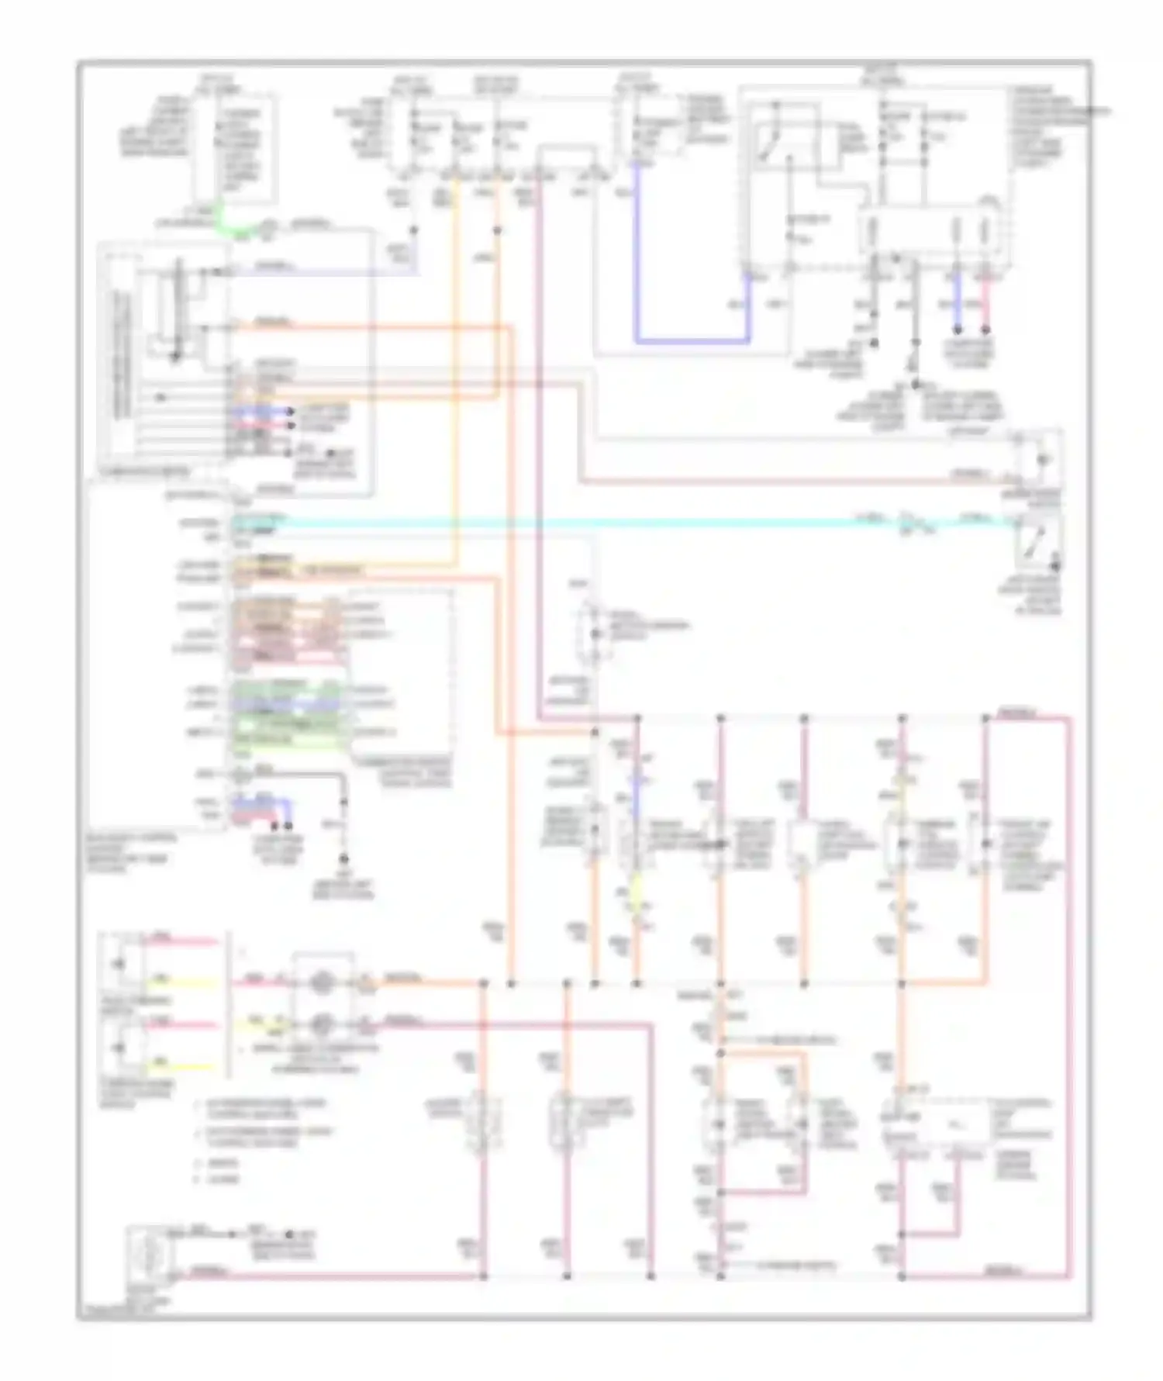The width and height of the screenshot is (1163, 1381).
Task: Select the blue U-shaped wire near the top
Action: coord(690,340)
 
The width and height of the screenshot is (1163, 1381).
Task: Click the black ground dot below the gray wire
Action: coord(343,859)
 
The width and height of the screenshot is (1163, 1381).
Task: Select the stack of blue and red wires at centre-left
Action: coord(260,419)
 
